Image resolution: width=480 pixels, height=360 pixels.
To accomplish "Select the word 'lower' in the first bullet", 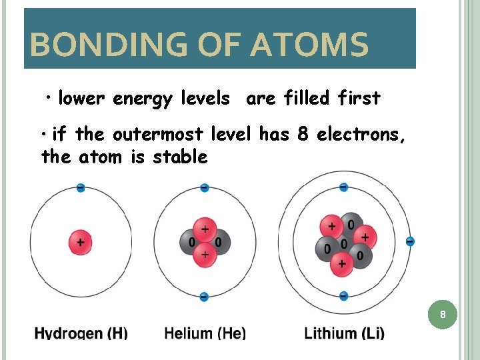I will coord(81,99).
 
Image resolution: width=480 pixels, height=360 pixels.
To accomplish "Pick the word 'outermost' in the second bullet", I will coord(159,135).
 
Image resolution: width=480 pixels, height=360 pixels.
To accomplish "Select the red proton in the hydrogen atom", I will coord(81,242).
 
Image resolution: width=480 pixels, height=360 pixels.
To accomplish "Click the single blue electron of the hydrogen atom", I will coord(81,188).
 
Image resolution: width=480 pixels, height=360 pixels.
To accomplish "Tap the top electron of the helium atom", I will coord(205,188).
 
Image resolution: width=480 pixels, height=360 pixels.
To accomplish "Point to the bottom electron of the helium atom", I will coord(205,297).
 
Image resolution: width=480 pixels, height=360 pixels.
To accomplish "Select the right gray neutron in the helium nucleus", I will coord(219,241).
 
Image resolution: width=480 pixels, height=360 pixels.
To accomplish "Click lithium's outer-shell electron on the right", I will coord(410,241).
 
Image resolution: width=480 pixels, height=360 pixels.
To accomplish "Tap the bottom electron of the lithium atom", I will coord(343,295).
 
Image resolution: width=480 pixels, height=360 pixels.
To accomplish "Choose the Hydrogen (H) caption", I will coord(81,333).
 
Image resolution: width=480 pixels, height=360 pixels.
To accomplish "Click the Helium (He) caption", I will coord(205,333).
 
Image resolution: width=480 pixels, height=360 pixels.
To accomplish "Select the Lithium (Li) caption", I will coord(344,333).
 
